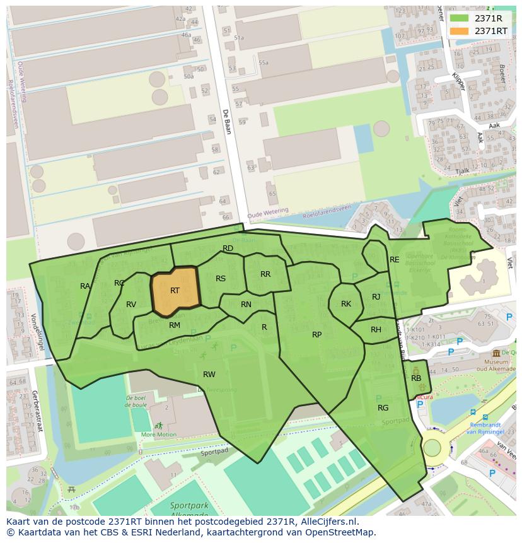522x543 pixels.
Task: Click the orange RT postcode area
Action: pos(175,291)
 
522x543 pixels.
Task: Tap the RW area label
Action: pos(209,375)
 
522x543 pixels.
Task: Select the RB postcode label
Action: pos(416,378)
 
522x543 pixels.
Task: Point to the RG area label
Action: pos(383,408)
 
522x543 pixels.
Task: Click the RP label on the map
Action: pos(317,335)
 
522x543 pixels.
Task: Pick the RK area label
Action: pos(346,304)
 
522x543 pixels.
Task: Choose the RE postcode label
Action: pos(395,260)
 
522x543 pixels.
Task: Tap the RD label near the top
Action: pos(228,248)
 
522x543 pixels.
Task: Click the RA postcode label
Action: pos(85,286)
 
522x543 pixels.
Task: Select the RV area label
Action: pos(131,305)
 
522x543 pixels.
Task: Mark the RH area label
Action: pos(376,330)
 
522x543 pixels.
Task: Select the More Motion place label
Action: pos(159,435)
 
